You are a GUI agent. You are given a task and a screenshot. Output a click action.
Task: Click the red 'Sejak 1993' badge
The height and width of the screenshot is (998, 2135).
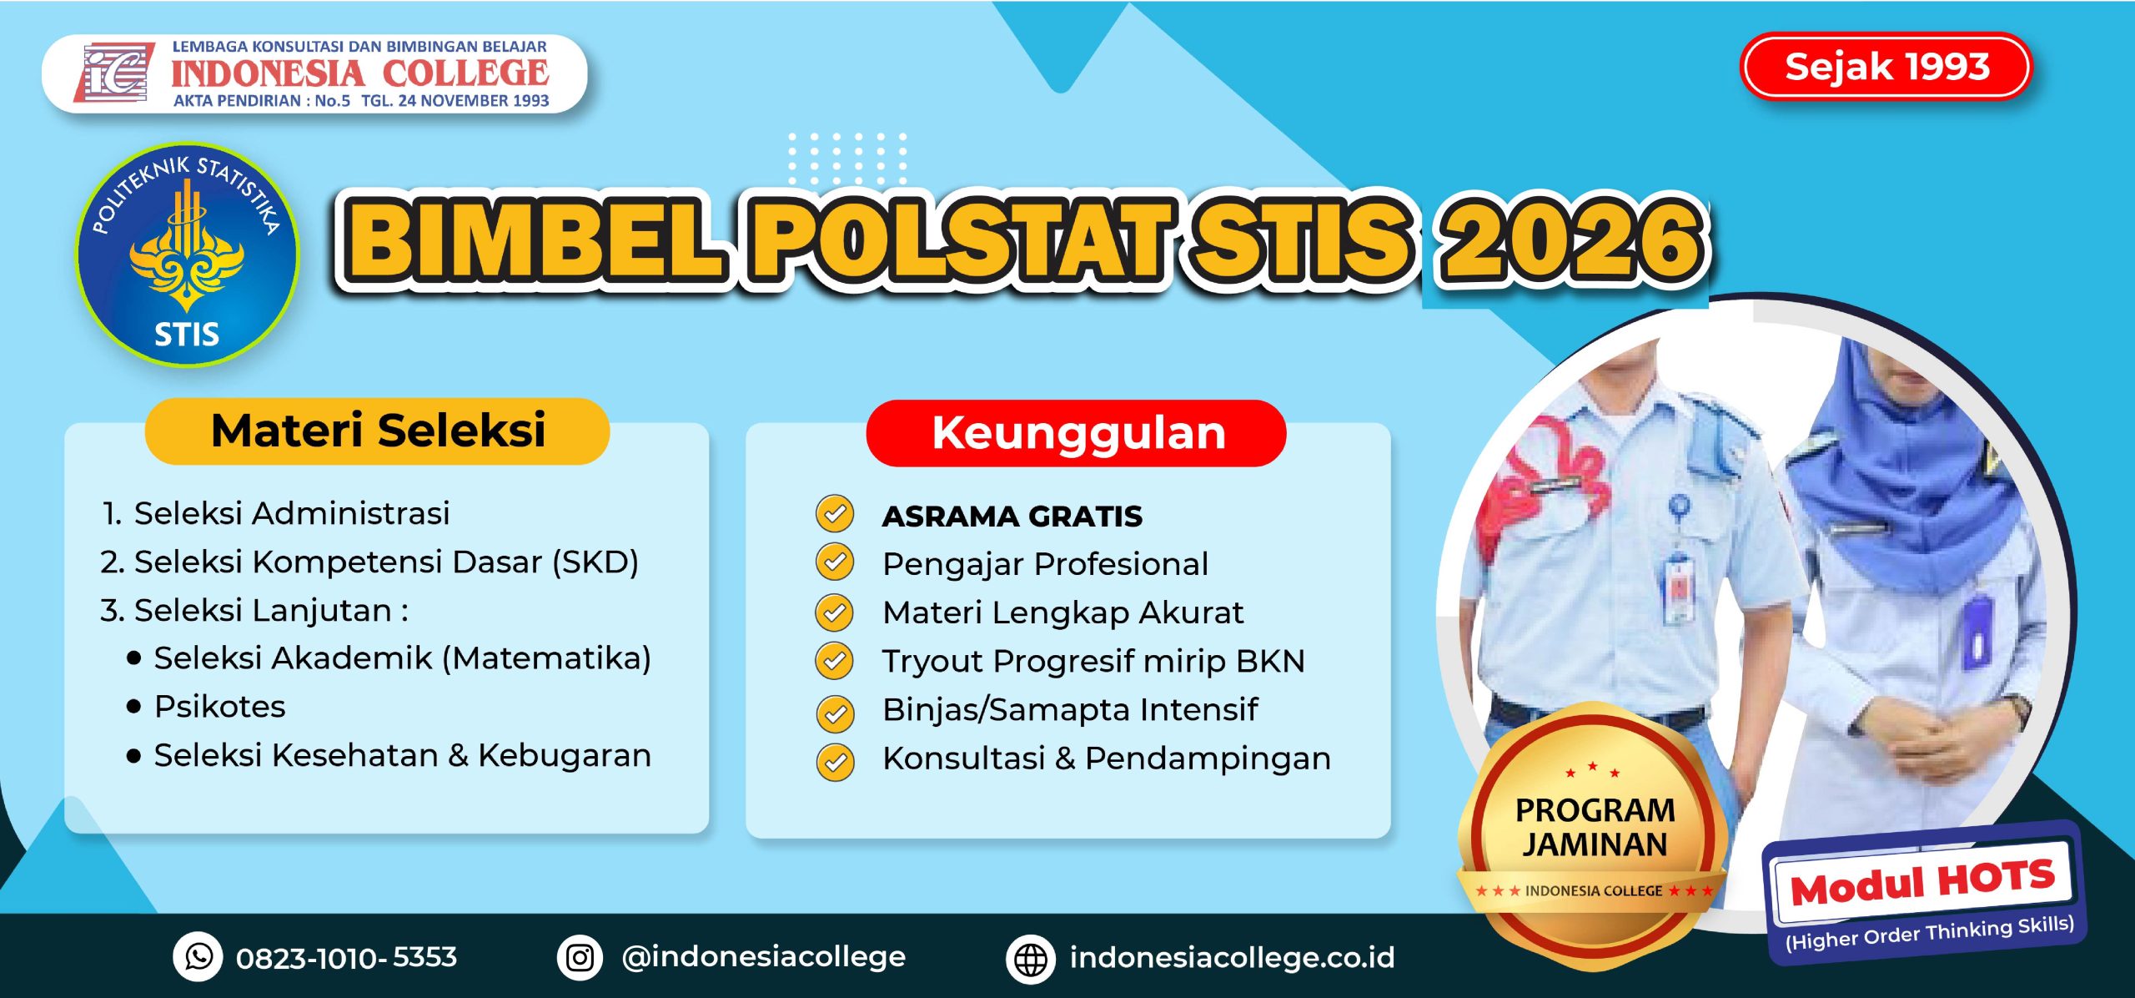click(1886, 67)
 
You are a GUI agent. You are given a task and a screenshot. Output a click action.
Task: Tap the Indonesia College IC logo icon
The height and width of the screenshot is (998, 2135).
click(114, 72)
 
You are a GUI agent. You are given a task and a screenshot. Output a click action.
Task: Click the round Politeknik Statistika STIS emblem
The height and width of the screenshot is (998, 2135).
click(187, 255)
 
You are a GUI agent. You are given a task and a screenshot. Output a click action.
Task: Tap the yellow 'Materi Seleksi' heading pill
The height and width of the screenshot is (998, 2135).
click(378, 431)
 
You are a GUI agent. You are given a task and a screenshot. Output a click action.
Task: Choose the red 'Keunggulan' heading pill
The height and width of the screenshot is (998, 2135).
click(1077, 433)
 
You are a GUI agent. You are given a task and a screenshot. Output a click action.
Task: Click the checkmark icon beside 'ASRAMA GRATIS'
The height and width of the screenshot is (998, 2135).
click(835, 514)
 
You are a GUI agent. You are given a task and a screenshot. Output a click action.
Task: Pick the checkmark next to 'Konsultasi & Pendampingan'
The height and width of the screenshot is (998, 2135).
click(835, 761)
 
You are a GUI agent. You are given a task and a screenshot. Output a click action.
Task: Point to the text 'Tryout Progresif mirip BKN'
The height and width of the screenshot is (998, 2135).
click(1093, 661)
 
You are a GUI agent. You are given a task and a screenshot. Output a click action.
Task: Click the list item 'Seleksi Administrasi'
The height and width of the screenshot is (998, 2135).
click(292, 513)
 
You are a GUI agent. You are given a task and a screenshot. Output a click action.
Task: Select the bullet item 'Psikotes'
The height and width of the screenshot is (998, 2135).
click(220, 707)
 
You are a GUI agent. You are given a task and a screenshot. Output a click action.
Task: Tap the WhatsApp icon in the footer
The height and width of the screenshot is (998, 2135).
click(198, 956)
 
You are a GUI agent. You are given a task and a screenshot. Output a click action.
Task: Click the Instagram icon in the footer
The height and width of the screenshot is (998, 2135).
click(580, 957)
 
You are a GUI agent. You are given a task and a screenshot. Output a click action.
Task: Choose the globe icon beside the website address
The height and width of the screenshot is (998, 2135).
click(1031, 959)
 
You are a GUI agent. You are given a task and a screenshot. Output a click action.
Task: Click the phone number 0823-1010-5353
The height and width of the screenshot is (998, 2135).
click(347, 958)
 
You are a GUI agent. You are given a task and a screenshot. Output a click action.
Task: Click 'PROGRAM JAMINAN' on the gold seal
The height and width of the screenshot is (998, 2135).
click(1595, 827)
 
